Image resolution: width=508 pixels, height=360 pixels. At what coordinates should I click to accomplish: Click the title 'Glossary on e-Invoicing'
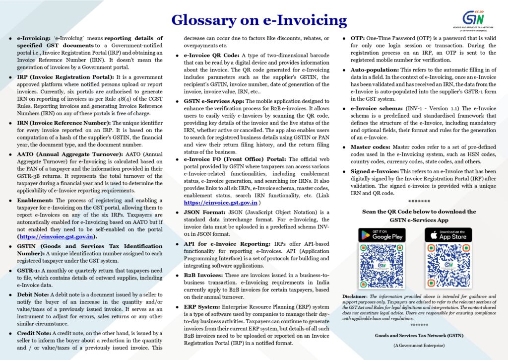[258, 19]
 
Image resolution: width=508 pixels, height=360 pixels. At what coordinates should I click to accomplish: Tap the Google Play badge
[381, 235]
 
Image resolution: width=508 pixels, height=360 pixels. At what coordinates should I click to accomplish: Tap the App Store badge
[448, 235]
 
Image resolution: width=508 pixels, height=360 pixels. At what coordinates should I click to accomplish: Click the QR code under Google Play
[381, 267]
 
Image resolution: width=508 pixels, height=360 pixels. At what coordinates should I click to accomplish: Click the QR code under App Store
[448, 267]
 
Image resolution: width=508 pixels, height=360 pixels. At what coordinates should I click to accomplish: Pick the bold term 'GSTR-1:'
[31, 270]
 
